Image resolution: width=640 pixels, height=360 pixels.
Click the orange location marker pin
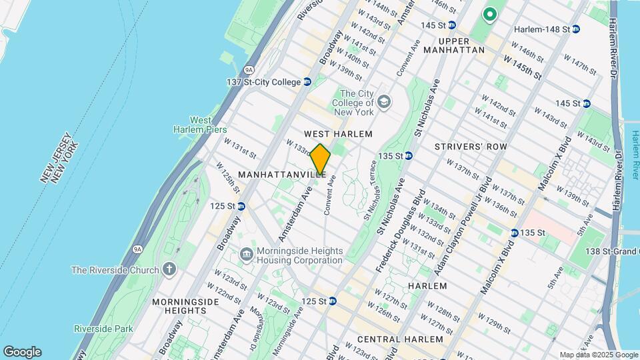click(x=320, y=160)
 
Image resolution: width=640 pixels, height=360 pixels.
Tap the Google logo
click(x=22, y=352)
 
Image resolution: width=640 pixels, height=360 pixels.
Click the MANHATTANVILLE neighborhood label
click(x=282, y=174)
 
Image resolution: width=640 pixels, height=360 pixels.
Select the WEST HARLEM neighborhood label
click(x=338, y=134)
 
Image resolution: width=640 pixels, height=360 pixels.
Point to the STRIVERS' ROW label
click(x=471, y=146)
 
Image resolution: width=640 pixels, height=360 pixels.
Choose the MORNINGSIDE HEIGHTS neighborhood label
click(x=185, y=306)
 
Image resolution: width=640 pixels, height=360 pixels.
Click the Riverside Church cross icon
click(x=170, y=269)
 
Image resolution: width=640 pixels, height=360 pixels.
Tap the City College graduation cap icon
click(x=383, y=102)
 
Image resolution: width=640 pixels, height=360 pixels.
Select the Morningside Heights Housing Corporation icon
click(x=247, y=252)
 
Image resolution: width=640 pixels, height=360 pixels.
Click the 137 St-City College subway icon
click(x=307, y=82)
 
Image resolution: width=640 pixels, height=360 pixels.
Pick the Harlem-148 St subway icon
click(x=575, y=29)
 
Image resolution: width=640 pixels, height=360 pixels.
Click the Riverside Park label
click(x=103, y=329)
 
